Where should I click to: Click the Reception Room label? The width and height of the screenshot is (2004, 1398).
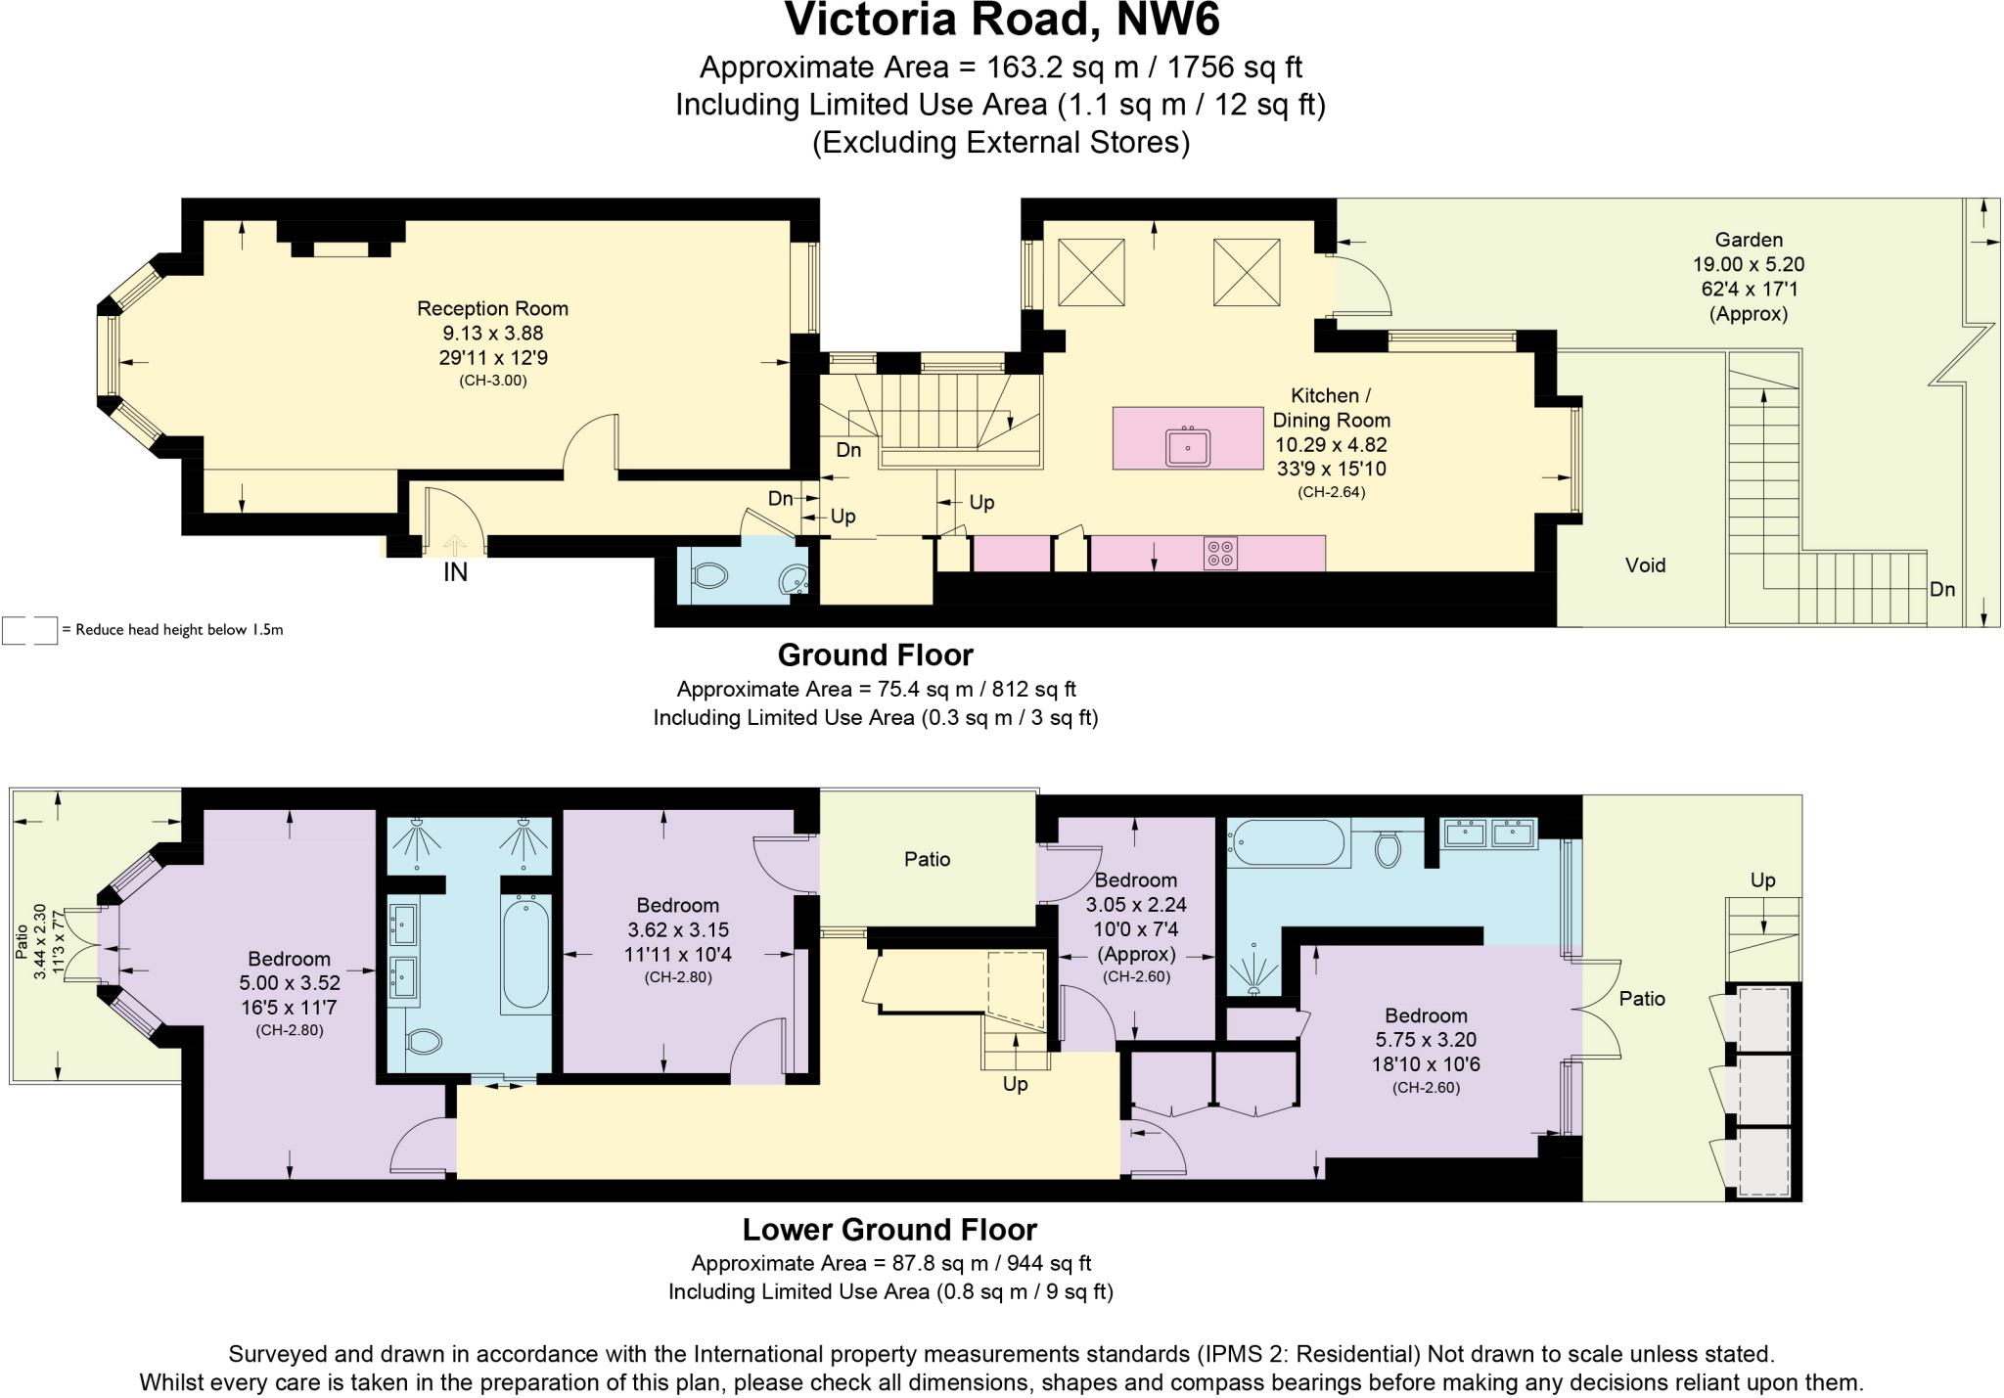pyautogui.click(x=492, y=308)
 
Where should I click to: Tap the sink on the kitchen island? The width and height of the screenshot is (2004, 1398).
pyautogui.click(x=1188, y=447)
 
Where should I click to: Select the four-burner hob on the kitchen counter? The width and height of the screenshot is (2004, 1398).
pyautogui.click(x=1220, y=554)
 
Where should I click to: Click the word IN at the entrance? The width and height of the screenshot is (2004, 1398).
pyautogui.click(x=455, y=572)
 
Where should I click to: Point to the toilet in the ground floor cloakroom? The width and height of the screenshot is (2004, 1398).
pyautogui.click(x=708, y=576)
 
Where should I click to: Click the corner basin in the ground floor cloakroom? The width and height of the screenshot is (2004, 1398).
pyautogui.click(x=794, y=581)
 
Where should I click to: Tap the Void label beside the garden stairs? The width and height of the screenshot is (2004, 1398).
pyautogui.click(x=1645, y=565)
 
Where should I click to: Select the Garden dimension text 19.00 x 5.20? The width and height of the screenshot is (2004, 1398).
pyautogui.click(x=1749, y=264)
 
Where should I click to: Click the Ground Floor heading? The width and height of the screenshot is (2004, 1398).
pyautogui.click(x=875, y=654)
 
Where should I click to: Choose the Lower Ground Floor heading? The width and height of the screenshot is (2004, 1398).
pyautogui.click(x=889, y=1229)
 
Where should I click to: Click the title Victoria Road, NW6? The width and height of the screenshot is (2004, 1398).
pyautogui.click(x=1002, y=20)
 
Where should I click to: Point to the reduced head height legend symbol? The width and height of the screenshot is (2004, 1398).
pyautogui.click(x=29, y=630)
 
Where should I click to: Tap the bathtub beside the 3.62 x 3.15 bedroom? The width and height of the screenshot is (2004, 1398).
pyautogui.click(x=525, y=953)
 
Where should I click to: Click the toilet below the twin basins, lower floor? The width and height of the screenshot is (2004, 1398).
pyautogui.click(x=423, y=1041)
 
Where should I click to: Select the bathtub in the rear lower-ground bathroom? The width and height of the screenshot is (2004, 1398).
pyautogui.click(x=1287, y=842)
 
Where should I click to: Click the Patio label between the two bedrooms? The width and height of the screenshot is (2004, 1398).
pyautogui.click(x=927, y=859)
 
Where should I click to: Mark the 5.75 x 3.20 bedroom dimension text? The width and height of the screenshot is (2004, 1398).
pyautogui.click(x=1426, y=1040)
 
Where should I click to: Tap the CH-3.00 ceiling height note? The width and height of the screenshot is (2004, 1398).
pyautogui.click(x=493, y=381)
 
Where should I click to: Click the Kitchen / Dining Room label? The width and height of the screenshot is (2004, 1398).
pyautogui.click(x=1331, y=408)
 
